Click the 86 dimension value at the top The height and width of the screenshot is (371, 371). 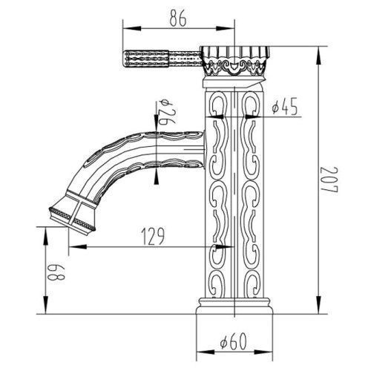pyautogui.click(x=178, y=19)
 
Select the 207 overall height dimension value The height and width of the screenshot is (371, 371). pyautogui.click(x=330, y=180)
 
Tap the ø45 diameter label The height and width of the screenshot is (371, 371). pyautogui.click(x=284, y=108)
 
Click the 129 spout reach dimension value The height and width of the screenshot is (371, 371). pyautogui.click(x=153, y=237)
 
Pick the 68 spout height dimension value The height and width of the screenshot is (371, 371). pyautogui.click(x=57, y=272)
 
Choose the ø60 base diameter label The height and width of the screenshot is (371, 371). pyautogui.click(x=234, y=341)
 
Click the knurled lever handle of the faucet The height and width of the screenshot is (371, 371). pyautogui.click(x=162, y=59)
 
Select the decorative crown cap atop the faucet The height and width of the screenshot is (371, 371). pyautogui.click(x=234, y=61)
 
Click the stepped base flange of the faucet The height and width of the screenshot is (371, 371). pyautogui.click(x=234, y=306)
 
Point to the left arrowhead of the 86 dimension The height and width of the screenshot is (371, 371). pyautogui.click(x=132, y=28)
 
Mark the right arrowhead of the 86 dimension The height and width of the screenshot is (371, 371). pyautogui.click(x=226, y=28)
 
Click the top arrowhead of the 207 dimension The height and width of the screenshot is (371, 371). pyautogui.click(x=318, y=56)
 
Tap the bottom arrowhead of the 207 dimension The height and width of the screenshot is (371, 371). pyautogui.click(x=318, y=305)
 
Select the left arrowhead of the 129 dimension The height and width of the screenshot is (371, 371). pyautogui.click(x=77, y=246)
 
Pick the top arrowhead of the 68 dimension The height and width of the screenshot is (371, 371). pyautogui.click(x=46, y=236)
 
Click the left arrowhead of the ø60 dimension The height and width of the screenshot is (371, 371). pyautogui.click(x=205, y=352)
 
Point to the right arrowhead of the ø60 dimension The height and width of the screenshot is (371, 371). pyautogui.click(x=263, y=352)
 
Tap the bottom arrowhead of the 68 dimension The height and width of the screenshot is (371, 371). pyautogui.click(x=46, y=305)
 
